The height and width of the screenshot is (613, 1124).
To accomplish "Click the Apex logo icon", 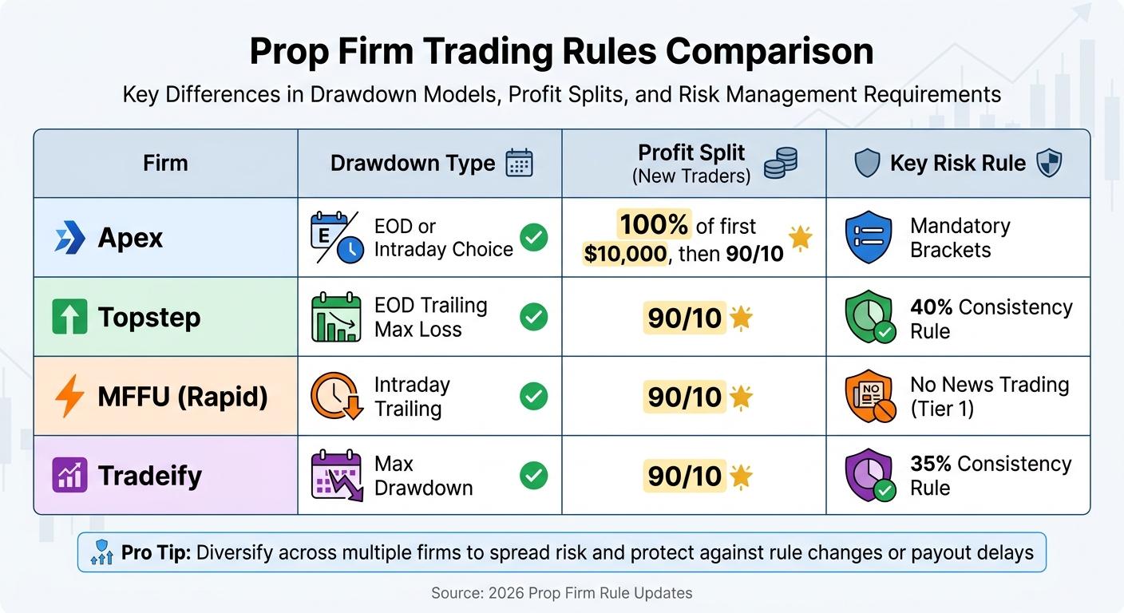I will pos(69,238).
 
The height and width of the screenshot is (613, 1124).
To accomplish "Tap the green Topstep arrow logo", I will pos(69,317).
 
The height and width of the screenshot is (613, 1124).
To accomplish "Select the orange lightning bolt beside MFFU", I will pos(69,396).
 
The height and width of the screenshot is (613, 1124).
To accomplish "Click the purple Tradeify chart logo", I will pos(69,475).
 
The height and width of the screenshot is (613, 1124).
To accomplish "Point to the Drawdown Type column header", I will pos(413,164).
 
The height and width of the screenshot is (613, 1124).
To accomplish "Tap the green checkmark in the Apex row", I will pos(533,238).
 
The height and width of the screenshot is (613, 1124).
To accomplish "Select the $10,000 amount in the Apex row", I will pos(625,255).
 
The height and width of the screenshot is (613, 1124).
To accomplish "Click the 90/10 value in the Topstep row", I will pos(684,318).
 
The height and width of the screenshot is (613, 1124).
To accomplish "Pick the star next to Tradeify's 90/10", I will pos(742,477).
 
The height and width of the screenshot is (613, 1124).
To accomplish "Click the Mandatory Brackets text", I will pos(960,238).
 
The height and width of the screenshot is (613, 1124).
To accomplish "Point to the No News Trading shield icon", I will pos(868,397).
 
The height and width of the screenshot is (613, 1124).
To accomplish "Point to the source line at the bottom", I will pos(561,593).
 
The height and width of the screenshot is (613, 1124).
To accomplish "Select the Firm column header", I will pos(165,164).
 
